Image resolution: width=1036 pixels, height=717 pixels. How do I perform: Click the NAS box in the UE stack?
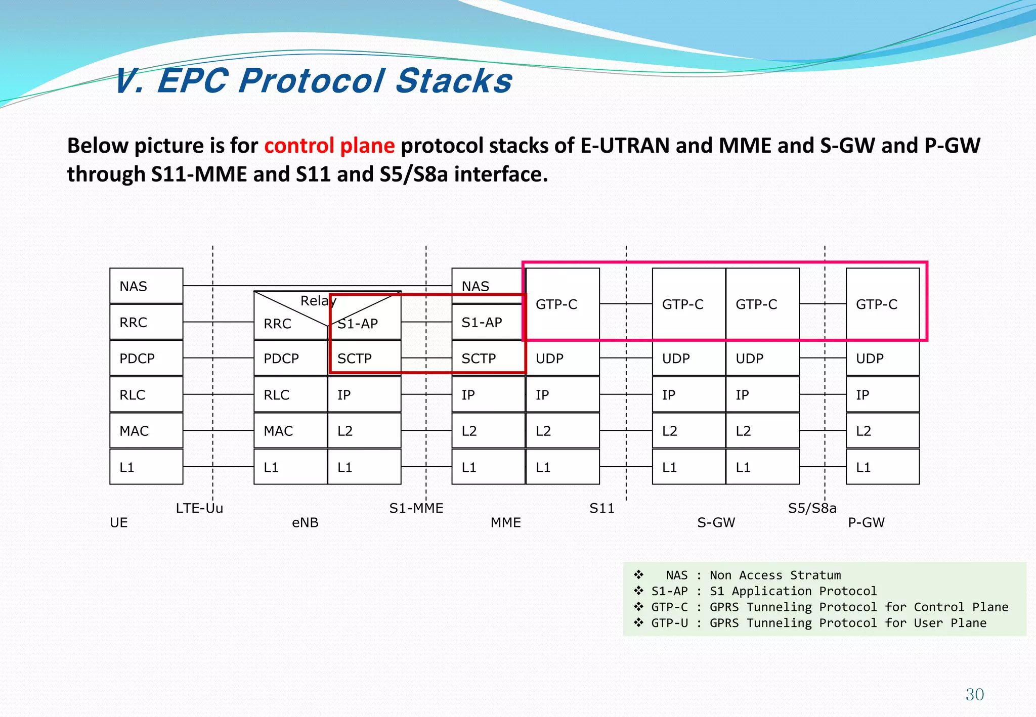tap(146, 286)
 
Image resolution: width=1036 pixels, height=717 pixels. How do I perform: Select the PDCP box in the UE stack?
tap(146, 358)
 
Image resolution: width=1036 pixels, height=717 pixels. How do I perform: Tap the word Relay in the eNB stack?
tap(318, 301)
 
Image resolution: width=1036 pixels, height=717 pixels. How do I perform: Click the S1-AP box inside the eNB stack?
tap(364, 324)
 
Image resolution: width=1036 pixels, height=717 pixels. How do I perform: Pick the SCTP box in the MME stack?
tap(488, 358)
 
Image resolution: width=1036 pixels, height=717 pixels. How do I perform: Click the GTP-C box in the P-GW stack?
tap(882, 304)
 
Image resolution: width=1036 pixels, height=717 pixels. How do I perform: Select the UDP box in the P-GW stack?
tap(882, 358)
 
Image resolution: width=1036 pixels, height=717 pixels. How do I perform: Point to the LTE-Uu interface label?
tap(199, 508)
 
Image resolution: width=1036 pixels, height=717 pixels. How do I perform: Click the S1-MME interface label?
tap(416, 508)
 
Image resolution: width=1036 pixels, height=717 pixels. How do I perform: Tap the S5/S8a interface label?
tap(812, 508)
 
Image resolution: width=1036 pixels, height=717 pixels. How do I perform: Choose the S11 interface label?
tap(602, 508)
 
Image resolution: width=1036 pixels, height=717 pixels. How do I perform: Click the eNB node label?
tap(305, 522)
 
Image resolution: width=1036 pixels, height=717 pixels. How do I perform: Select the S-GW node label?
tap(716, 522)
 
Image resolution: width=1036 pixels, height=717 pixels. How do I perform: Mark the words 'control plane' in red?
tap(329, 146)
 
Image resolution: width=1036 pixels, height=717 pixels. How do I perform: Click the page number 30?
tap(974, 694)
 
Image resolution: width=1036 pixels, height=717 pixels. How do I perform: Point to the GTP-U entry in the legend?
tap(818, 623)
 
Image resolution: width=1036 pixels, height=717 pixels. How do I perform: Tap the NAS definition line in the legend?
tap(753, 575)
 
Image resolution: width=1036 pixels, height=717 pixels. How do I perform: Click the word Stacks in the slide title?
tap(454, 81)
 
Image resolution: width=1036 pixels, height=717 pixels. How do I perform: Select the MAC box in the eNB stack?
tap(290, 431)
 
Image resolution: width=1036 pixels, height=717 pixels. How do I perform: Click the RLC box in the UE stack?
tap(146, 394)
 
